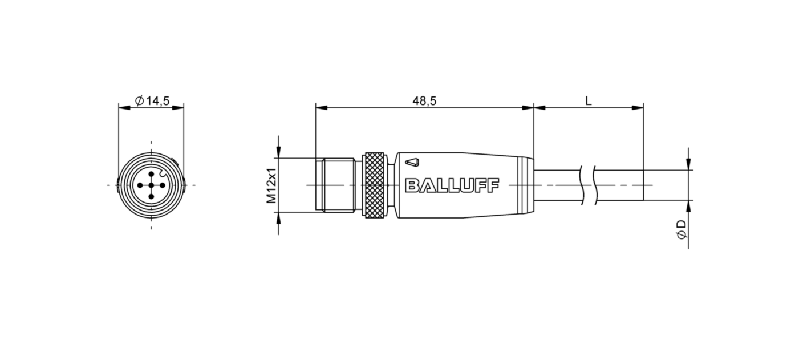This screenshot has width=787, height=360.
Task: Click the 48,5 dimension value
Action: tap(424, 101)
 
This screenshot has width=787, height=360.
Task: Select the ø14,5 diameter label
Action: tap(152, 101)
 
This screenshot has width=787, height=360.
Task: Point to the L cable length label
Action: tap(588, 101)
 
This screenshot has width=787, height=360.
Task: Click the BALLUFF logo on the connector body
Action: tap(452, 185)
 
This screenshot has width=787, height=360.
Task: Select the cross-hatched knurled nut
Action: tap(374, 185)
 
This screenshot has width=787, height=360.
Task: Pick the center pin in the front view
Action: tap(151, 185)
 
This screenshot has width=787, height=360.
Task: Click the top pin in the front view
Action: tap(151, 174)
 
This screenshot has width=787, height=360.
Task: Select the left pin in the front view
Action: tap(140, 185)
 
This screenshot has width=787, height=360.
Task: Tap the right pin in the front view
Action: tap(163, 185)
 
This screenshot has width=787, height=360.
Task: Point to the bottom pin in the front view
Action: tap(151, 197)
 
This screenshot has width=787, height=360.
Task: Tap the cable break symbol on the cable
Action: tap(587, 185)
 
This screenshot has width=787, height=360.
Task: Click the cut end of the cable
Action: tap(643, 185)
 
